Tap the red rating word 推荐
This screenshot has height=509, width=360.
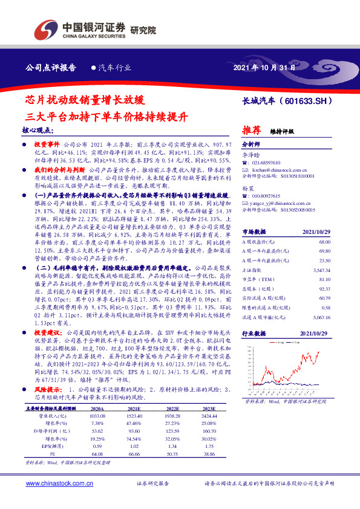point(252,129)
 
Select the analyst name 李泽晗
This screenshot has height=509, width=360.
point(250,155)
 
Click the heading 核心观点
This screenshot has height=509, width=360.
point(38,131)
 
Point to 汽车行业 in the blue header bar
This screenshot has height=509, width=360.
point(114,68)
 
